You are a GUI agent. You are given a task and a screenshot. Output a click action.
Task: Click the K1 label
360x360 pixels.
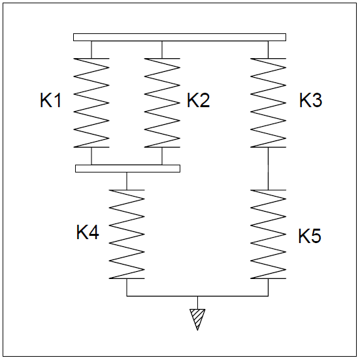click(50, 100)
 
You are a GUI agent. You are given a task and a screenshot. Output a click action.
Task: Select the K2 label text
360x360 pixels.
click(199, 100)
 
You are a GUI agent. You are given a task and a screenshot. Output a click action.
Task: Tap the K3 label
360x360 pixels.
click(310, 100)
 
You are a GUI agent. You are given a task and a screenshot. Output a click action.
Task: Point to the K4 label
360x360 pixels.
click(88, 232)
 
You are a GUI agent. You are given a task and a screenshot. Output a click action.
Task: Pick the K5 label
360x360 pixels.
click(310, 236)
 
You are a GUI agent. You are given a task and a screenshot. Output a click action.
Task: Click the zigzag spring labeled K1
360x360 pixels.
click(91, 103)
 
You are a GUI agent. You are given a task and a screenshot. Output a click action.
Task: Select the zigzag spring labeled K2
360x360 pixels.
click(162, 103)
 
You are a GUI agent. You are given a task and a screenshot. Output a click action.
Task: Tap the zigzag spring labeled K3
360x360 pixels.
click(268, 103)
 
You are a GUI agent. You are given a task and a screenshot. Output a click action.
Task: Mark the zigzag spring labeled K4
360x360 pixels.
click(127, 234)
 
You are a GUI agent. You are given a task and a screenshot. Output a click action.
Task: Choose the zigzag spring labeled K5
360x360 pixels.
click(268, 234)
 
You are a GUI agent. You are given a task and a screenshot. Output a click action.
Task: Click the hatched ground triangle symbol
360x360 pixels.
click(197, 319)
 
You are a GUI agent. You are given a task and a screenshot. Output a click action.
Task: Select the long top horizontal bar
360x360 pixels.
click(180, 37)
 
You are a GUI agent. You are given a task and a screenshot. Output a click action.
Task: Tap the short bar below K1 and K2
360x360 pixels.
click(127, 169)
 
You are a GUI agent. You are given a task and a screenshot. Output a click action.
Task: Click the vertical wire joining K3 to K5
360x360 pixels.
click(268, 169)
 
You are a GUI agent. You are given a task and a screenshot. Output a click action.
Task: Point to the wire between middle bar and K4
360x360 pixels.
click(127, 181)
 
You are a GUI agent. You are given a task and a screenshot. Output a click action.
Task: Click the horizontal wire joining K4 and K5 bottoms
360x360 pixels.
click(197, 296)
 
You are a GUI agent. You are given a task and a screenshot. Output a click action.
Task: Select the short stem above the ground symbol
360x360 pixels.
click(197, 303)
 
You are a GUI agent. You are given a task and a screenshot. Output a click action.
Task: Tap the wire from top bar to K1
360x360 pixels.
click(91, 50)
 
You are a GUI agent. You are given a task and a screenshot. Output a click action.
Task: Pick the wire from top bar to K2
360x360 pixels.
click(162, 50)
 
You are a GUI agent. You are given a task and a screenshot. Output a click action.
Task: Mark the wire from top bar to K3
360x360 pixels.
click(268, 50)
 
